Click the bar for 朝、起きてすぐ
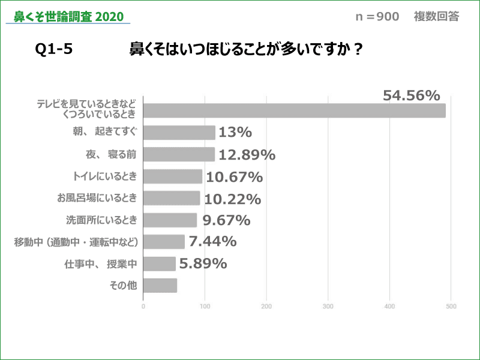[179, 133]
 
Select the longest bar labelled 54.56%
[294, 110]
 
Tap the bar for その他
[160, 286]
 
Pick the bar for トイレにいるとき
[173, 176]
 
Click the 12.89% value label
[246, 155]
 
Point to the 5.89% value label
[202, 263]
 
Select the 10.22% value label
[232, 199]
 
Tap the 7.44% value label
[212, 242]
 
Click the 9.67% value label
[226, 220]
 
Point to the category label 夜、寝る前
[111, 154]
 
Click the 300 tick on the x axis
[328, 307]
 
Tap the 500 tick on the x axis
[451, 307]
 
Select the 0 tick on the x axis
[143, 307]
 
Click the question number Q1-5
[54, 50]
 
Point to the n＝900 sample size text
[377, 16]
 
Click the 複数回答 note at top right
[436, 16]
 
